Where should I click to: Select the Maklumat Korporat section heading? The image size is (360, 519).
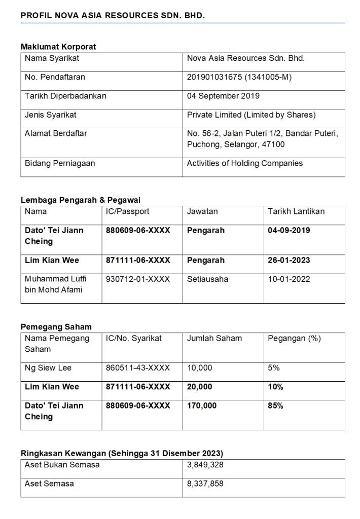pyautogui.click(x=58, y=47)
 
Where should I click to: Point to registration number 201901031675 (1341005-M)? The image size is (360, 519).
pyautogui.click(x=239, y=77)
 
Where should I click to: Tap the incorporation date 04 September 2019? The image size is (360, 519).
pyautogui.click(x=223, y=96)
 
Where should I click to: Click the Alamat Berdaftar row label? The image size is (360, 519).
pyautogui.click(x=56, y=133)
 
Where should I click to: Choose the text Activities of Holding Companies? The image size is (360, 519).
pyautogui.click(x=244, y=163)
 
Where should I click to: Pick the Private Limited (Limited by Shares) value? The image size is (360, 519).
pyautogui.click(x=251, y=115)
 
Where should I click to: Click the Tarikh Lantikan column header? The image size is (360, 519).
pyautogui.click(x=296, y=211)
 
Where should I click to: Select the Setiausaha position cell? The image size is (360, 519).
pyautogui.click(x=207, y=279)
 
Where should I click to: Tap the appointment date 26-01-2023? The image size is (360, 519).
pyautogui.click(x=289, y=260)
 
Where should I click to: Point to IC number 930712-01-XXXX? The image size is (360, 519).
pyautogui.click(x=138, y=279)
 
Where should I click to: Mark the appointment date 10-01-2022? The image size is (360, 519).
pyautogui.click(x=289, y=279)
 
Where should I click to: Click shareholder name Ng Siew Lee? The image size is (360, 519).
pyautogui.click(x=48, y=368)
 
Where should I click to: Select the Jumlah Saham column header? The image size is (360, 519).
pyautogui.click(x=214, y=338)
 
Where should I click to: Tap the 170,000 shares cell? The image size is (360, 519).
pyautogui.click(x=202, y=405)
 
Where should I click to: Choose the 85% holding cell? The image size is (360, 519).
pyautogui.click(x=275, y=405)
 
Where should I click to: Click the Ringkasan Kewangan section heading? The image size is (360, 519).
pyautogui.click(x=122, y=453)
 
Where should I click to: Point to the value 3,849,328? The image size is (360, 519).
pyautogui.click(x=205, y=465)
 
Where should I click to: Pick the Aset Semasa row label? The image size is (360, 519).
pyautogui.click(x=49, y=484)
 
